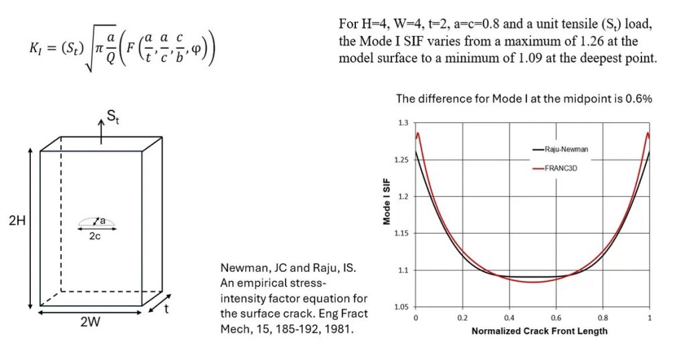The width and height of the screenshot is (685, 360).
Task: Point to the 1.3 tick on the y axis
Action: click(403, 123)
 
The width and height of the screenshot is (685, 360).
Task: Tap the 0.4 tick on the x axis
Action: click(509, 317)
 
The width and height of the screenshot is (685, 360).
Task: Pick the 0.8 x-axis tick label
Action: click(603, 317)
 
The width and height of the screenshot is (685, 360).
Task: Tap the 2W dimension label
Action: click(89, 321)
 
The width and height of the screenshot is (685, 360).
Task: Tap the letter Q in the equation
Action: click(120, 61)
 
